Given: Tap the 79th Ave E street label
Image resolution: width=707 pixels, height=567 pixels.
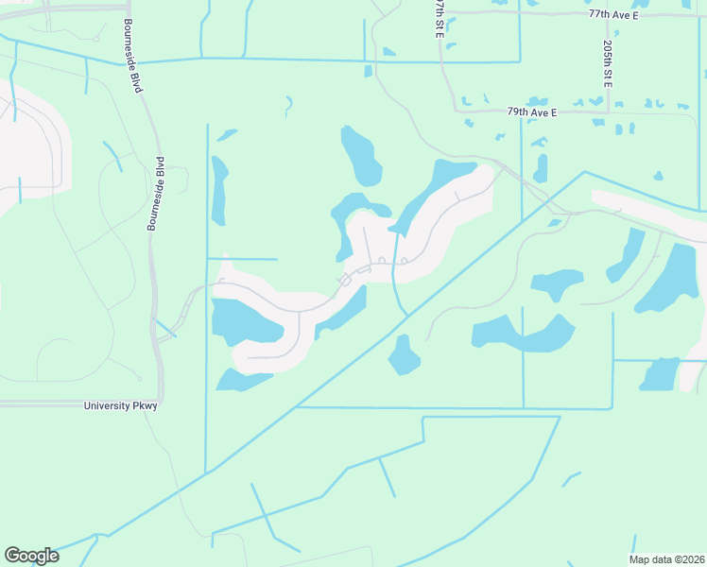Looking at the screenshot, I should click(532, 112).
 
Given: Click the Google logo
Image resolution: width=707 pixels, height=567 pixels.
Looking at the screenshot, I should click(31, 556).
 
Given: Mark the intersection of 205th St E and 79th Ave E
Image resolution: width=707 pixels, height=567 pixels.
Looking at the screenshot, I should click(609, 112).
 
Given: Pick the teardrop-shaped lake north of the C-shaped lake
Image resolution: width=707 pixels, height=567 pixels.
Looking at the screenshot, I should click(360, 155).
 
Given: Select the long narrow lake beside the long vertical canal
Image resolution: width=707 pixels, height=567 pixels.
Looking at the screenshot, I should click(219, 189).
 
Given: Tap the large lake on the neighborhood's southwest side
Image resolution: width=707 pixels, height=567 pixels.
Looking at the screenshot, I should click(244, 321).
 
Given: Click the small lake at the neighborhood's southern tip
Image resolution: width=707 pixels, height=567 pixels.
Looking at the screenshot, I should click(244, 380).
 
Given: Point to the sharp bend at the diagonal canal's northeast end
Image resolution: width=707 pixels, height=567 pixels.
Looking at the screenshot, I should click(585, 172).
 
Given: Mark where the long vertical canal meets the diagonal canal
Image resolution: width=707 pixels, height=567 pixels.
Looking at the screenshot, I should click(206, 470).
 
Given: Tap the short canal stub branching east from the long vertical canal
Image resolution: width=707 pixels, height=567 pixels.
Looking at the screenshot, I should click(242, 258).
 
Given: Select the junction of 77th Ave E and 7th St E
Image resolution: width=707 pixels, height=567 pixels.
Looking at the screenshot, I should click(443, 13).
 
